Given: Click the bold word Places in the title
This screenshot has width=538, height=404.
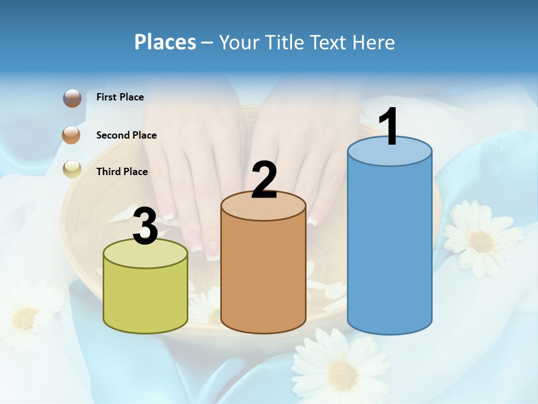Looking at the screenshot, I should point(165,42).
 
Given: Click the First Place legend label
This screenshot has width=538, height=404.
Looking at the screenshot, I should point(120,97).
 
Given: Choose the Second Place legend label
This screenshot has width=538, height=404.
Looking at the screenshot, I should point(126,135).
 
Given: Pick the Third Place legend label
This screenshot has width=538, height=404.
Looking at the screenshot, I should point(122,172).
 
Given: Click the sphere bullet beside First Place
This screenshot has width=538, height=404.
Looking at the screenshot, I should point(72,98).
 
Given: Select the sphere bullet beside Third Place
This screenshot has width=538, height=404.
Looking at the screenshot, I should point(72,168).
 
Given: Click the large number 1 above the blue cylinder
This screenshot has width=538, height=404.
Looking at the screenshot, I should point(388,127).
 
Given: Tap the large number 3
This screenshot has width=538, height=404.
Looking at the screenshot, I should point(145,226).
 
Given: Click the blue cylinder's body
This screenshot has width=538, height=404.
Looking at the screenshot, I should point(389,247).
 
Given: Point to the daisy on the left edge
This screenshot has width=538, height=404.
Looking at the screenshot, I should point(25,317).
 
